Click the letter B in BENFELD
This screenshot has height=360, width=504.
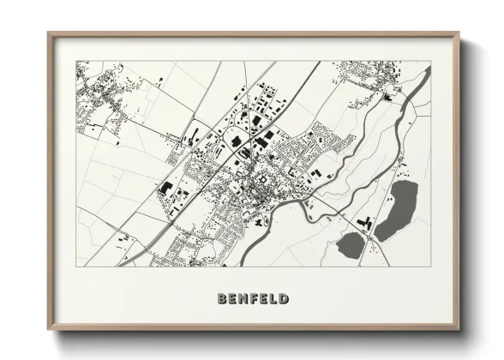[223, 299]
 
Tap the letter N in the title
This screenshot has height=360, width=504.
[244, 299]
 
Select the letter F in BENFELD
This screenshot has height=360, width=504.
[256, 299]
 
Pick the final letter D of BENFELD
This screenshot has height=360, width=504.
[285, 299]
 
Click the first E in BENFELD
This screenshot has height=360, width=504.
[233, 299]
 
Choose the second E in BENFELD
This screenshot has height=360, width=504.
[266, 299]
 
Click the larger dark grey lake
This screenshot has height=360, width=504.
[395, 210]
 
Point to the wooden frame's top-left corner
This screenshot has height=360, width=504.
[49, 33]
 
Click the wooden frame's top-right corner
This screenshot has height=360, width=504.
[459, 33]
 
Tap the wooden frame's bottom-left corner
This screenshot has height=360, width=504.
[49, 331]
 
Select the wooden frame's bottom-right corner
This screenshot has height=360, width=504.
[459, 331]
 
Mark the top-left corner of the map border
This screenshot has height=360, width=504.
[76, 61]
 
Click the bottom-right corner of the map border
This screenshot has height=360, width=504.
[430, 266]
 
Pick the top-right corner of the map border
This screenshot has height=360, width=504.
[430, 61]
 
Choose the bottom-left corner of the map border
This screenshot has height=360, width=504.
[76, 266]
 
